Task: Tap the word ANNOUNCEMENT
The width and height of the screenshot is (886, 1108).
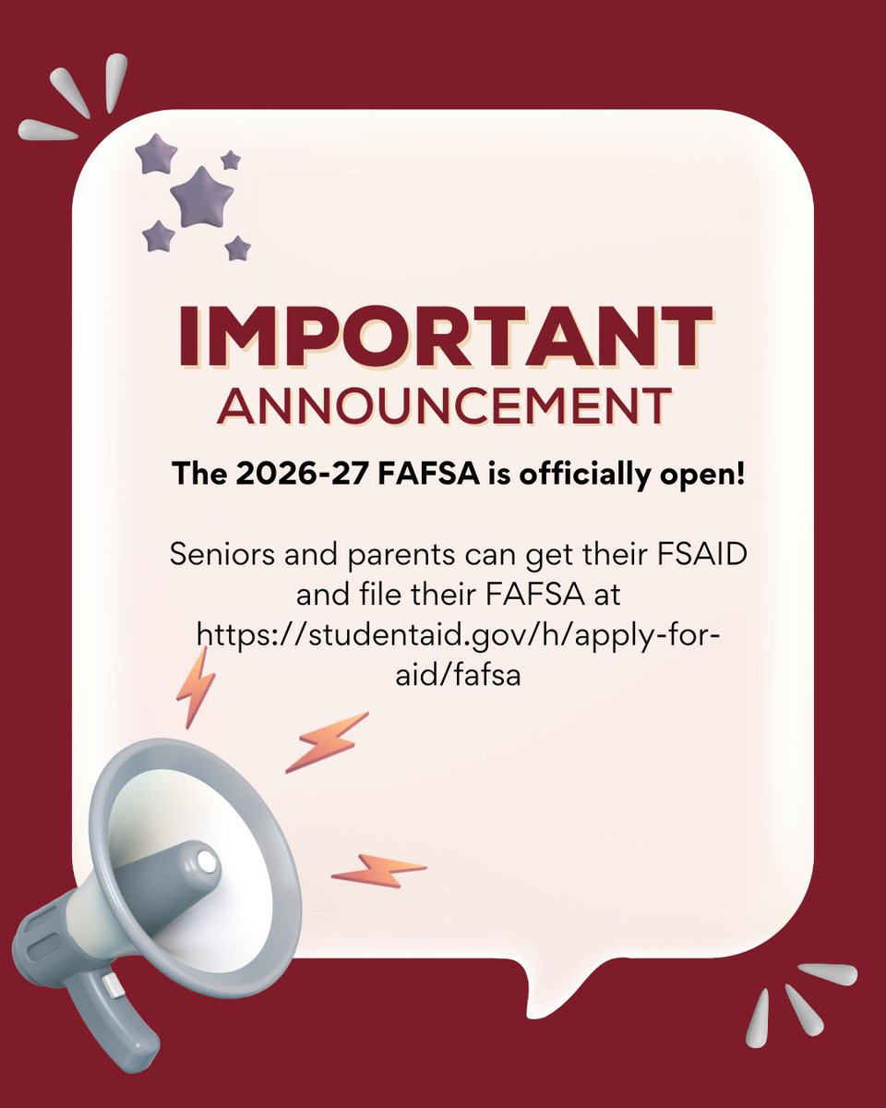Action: [x=443, y=405]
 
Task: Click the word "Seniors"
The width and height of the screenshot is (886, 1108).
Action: [x=224, y=557]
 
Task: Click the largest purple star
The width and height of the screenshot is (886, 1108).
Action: [x=201, y=196]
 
